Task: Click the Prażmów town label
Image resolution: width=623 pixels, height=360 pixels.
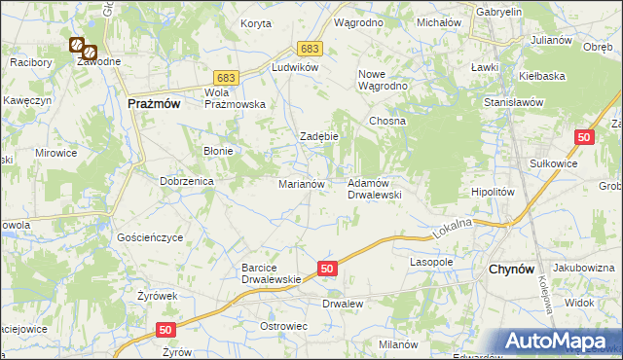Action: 154,103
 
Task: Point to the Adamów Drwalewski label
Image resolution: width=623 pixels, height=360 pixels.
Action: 375,188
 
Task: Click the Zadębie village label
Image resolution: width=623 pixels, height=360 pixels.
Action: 318,136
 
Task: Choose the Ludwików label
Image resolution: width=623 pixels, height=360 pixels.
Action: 296,68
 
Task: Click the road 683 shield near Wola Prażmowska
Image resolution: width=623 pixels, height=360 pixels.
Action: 226,77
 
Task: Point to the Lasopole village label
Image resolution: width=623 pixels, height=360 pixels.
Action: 432,263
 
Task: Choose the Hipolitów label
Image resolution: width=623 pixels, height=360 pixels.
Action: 493,193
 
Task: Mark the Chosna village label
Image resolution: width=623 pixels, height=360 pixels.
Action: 386,121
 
